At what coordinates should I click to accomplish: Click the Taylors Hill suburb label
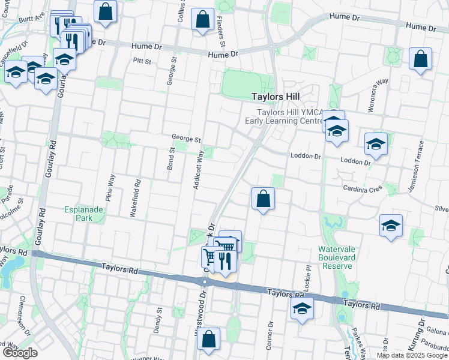click(276, 96)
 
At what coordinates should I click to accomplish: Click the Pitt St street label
click(142, 60)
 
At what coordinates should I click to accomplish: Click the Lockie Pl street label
click(307, 278)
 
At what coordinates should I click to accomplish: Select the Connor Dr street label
click(271, 334)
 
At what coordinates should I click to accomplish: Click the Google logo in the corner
click(20, 353)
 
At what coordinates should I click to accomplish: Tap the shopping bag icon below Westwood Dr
click(208, 339)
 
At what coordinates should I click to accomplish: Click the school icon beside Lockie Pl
click(301, 310)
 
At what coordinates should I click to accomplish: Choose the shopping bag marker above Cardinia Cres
click(263, 199)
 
